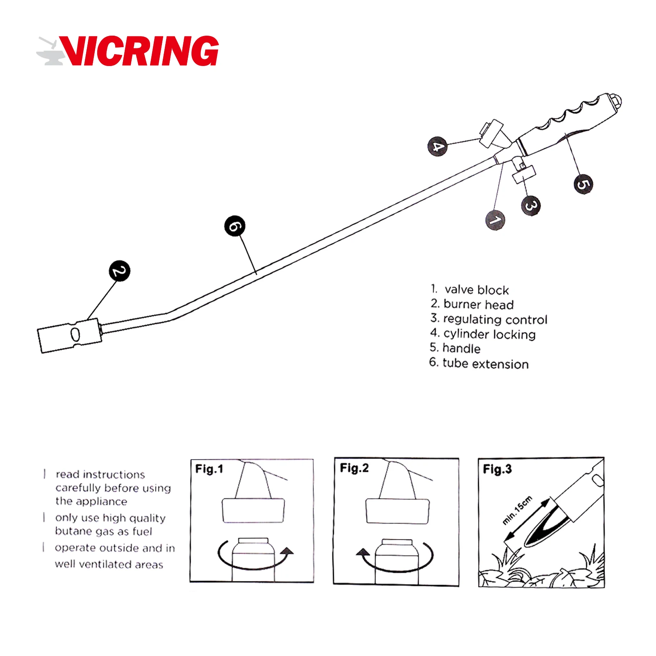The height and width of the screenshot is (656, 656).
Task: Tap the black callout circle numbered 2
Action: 119,271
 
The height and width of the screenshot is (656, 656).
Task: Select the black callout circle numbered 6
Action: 235,226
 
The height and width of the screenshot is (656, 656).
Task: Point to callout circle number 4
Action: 437,146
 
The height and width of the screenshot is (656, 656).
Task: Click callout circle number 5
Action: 583,184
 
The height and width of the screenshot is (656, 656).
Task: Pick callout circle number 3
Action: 531,205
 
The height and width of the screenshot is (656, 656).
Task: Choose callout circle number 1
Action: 495,220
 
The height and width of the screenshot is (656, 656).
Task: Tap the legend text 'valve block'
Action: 476,290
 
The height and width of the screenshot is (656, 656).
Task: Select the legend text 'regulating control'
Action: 495,319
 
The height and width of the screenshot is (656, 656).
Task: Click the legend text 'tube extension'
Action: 485,364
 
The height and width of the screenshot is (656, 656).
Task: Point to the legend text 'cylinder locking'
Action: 489,334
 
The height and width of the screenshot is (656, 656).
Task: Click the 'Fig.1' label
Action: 209,469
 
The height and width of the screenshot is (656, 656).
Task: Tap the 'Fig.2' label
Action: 354,468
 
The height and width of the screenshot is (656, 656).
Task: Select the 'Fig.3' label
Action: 497,469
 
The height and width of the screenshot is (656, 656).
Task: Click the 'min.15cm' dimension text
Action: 517,510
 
